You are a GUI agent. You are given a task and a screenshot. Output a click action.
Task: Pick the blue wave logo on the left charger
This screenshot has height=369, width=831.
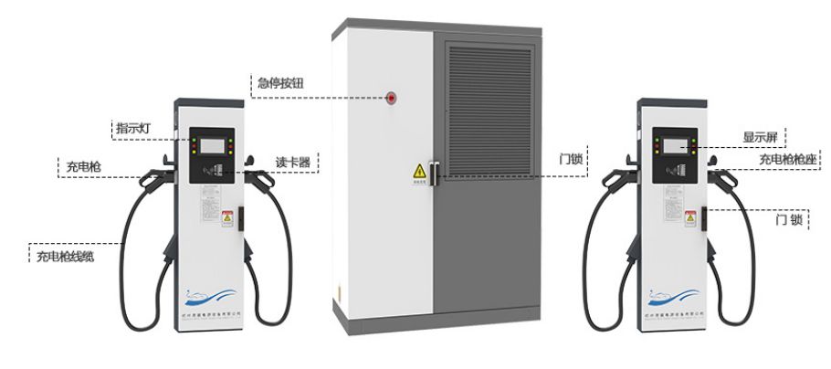(x=211, y=296)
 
